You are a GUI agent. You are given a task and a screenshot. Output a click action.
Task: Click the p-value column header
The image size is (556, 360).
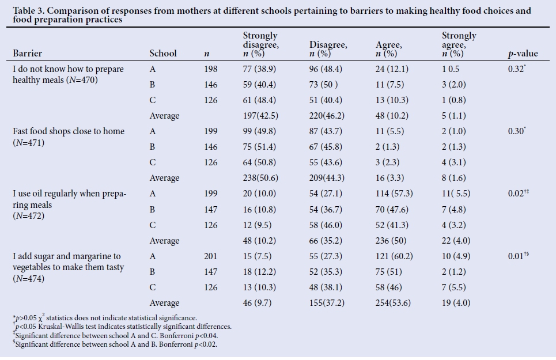[x=522, y=54]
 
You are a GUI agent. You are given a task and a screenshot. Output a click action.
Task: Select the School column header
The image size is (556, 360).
[x=163, y=54]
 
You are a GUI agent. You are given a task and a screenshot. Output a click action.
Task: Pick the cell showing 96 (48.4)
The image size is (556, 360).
[x=326, y=69]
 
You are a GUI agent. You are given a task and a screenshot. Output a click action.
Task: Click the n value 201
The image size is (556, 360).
[x=211, y=256]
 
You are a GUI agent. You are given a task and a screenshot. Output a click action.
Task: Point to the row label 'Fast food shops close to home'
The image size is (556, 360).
[x=69, y=131]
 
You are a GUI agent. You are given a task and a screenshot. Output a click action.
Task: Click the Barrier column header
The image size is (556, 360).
[x=27, y=54]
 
